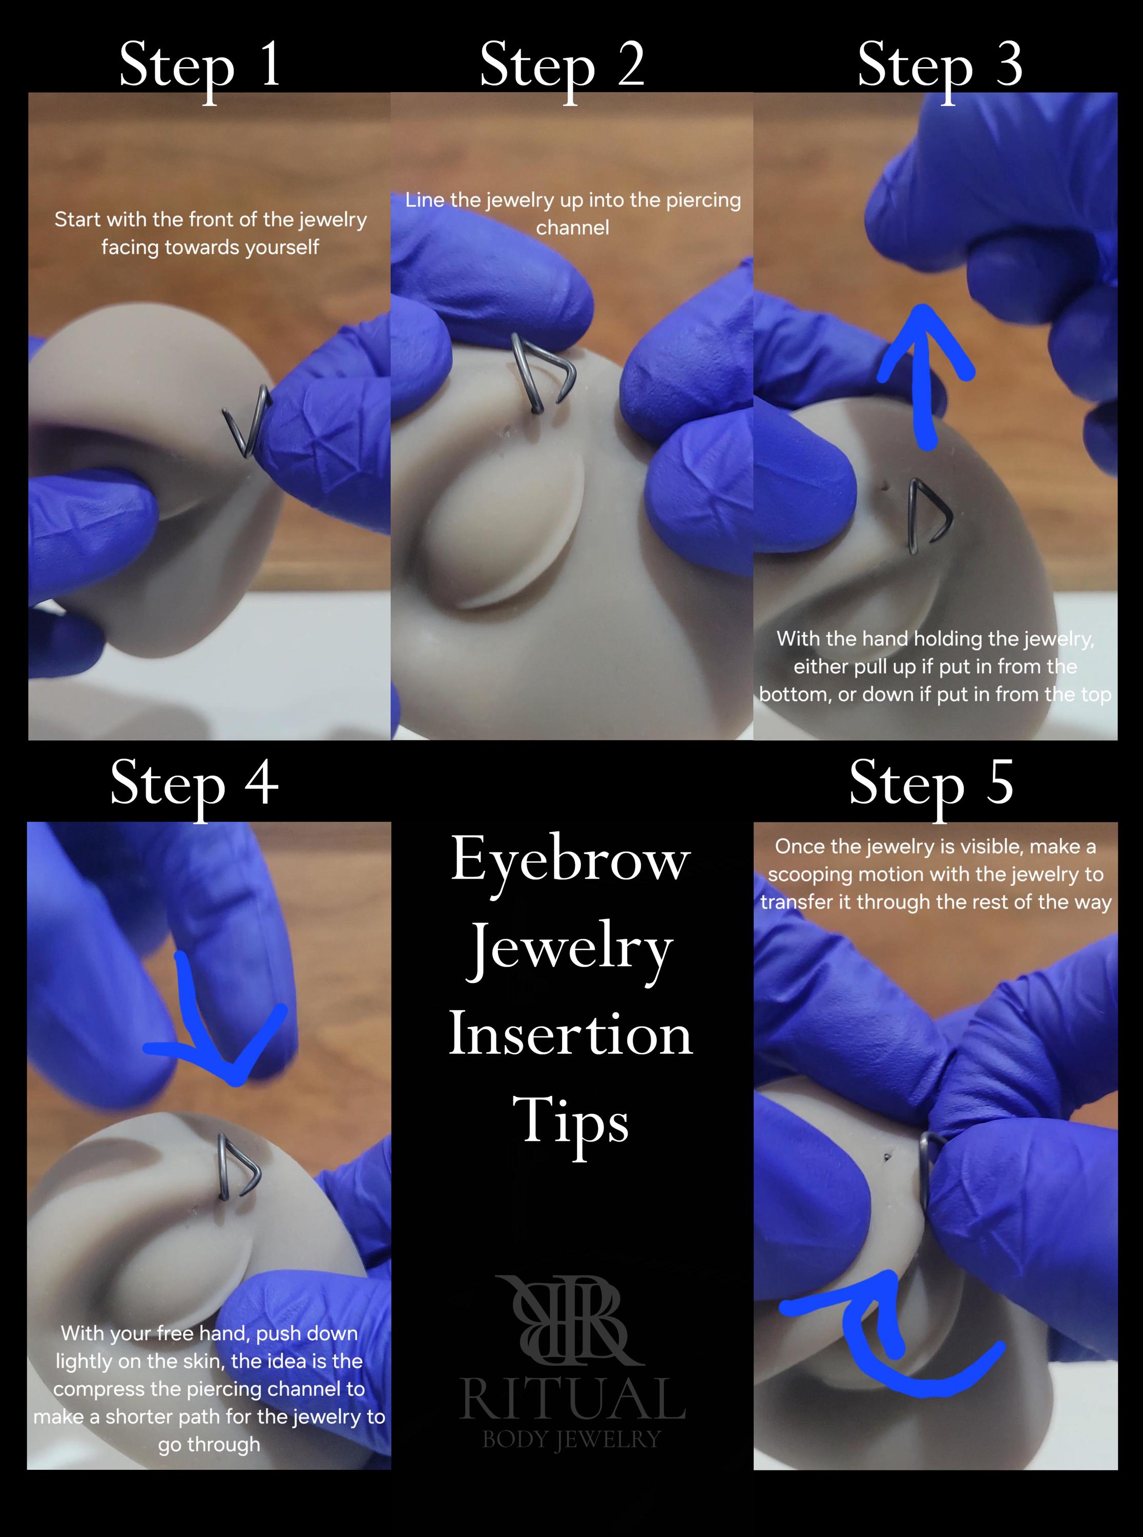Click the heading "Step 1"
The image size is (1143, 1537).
click(x=199, y=67)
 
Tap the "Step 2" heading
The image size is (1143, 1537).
click(x=562, y=67)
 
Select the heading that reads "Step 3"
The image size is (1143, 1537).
click(x=940, y=67)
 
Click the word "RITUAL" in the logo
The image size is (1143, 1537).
click(x=573, y=1399)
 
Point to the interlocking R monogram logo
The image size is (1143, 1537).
click(x=572, y=1320)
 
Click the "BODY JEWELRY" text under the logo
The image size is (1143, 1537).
click(x=572, y=1440)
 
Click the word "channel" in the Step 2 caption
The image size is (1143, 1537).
click(x=572, y=227)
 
